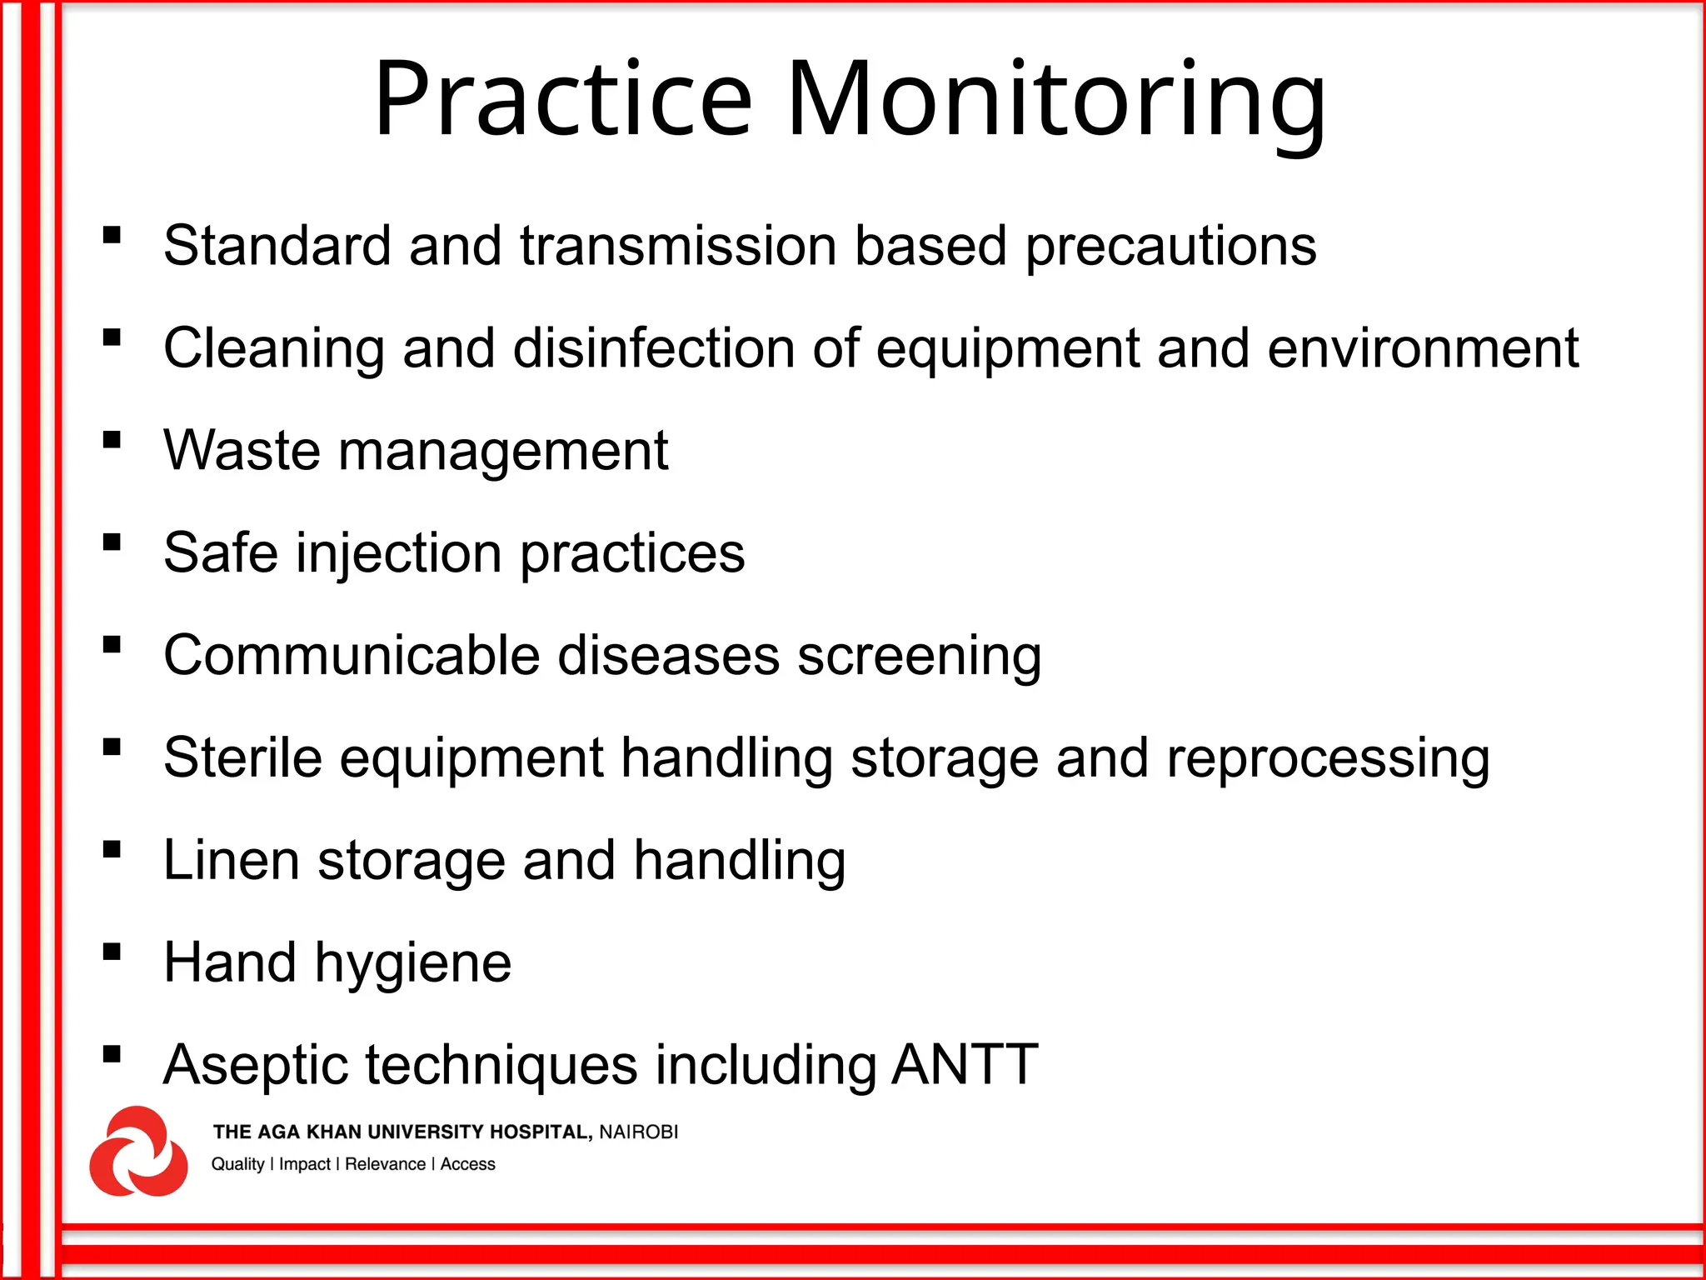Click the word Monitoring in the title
pyautogui.click(x=1055, y=100)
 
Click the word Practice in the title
pyautogui.click(x=563, y=100)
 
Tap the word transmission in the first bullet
pyautogui.click(x=678, y=247)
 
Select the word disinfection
pyautogui.click(x=654, y=348)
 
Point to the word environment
pyautogui.click(x=1423, y=348)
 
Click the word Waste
pyautogui.click(x=242, y=451)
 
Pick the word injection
pyautogui.click(x=399, y=554)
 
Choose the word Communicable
pyautogui.click(x=352, y=655)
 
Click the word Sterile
pyautogui.click(x=242, y=757)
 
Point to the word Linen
pyautogui.click(x=231, y=860)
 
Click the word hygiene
pyautogui.click(x=412, y=964)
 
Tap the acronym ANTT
pyautogui.click(x=965, y=1064)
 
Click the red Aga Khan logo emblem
pyautogui.click(x=138, y=1152)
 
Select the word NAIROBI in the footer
pyautogui.click(x=638, y=1132)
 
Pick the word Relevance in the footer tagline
pyautogui.click(x=385, y=1164)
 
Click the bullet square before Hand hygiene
pyautogui.click(x=112, y=952)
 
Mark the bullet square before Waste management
pyautogui.click(x=112, y=440)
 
